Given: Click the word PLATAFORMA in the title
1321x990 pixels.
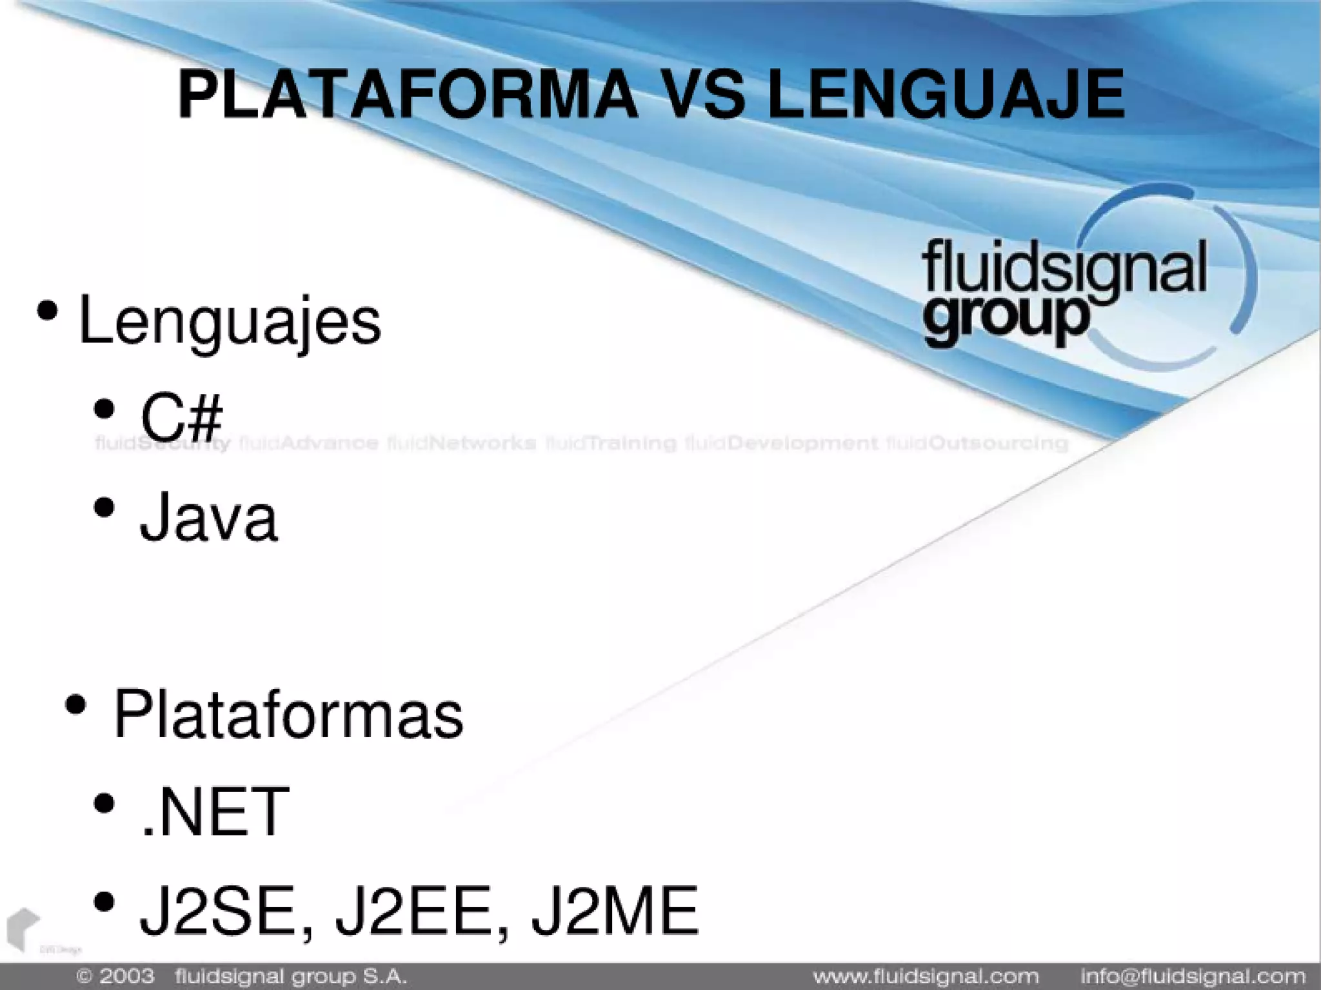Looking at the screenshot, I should coord(406,95).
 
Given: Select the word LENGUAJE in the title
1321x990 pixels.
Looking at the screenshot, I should coord(946,95).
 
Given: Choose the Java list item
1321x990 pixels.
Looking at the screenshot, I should coord(208,517).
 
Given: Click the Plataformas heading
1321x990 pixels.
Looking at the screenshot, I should coord(288,715).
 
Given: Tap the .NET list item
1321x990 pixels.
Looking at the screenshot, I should coord(214,812).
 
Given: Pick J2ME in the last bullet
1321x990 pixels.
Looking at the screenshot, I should coord(615,910).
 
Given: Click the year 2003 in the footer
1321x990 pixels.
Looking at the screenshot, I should coord(126,976).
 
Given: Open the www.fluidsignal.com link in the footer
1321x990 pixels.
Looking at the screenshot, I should coord(926,976).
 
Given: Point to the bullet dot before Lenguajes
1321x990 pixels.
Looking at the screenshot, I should coord(47,311).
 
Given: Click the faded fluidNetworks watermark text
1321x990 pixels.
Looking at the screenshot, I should coord(462,443).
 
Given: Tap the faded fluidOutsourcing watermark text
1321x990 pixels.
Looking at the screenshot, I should coord(977,443).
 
